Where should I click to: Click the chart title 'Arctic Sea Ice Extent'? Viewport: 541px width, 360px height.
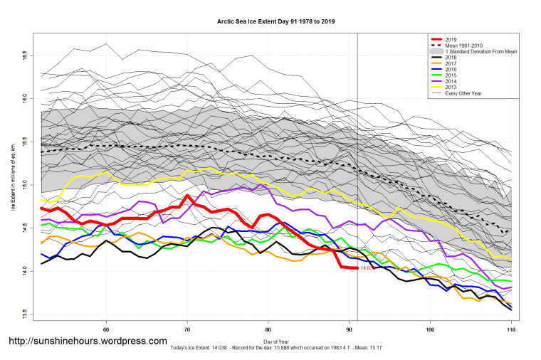(276, 22)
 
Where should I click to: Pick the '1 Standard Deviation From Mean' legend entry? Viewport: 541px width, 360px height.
(480, 52)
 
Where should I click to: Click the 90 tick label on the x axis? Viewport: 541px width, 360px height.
(349, 329)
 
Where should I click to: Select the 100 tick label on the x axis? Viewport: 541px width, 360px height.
(430, 329)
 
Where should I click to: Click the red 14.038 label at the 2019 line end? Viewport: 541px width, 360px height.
(367, 268)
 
